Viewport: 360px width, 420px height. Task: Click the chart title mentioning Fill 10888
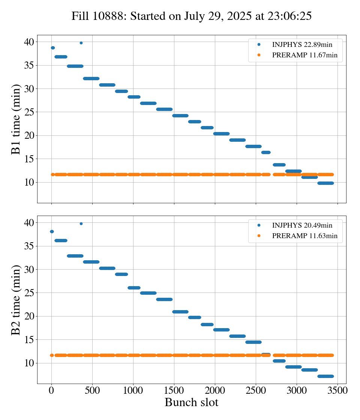(191, 16)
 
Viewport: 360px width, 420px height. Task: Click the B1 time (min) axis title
(16, 119)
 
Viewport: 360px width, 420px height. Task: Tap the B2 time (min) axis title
(16, 300)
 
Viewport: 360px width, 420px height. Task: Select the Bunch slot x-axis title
(191, 403)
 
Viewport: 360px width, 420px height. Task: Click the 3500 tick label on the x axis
(337, 390)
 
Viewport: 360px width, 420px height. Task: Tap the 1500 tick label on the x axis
(174, 390)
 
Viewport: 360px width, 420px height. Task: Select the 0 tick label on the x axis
(51, 390)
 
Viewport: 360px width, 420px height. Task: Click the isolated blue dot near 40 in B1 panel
(81, 43)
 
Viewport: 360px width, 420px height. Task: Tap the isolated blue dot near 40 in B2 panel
(81, 223)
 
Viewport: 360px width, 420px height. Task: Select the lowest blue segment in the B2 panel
(325, 376)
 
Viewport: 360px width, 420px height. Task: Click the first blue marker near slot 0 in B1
(53, 48)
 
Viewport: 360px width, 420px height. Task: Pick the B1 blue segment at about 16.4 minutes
(266, 152)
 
